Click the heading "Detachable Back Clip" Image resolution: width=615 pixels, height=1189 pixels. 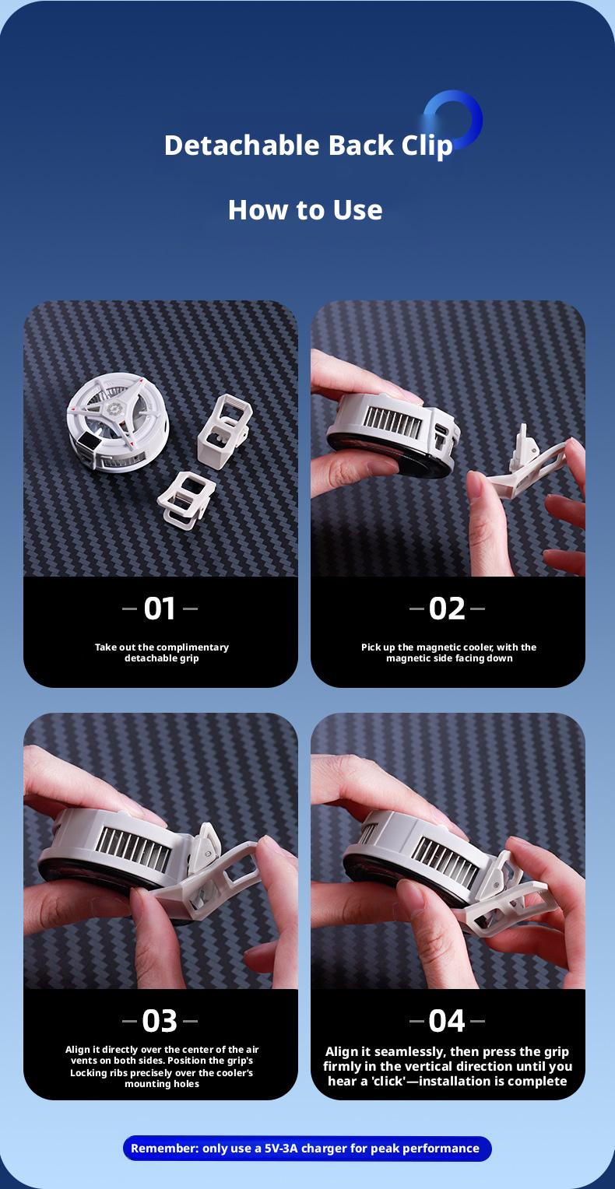pos(307,146)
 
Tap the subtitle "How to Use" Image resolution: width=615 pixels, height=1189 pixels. pos(305,209)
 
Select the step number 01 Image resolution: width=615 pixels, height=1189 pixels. pos(160,609)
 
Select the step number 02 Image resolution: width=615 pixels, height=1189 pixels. pos(447,609)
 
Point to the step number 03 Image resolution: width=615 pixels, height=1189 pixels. pos(160,1020)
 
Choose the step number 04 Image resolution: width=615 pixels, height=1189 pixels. pos(447,1020)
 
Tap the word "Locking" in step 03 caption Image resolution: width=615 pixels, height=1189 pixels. pos(86,1073)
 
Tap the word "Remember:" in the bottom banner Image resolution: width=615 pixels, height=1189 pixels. pos(164,1149)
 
